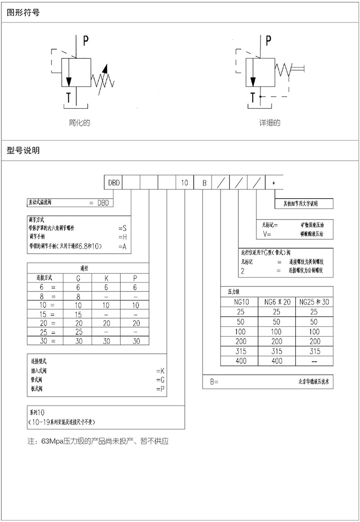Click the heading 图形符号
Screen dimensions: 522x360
coord(23,12)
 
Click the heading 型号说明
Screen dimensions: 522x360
coord(23,150)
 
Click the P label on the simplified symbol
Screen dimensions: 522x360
coord(86,41)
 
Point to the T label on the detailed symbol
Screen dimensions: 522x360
coord(253,97)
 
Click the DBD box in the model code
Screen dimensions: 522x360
coord(113,183)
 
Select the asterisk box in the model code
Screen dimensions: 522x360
coord(273,183)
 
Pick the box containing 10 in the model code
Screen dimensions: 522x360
coord(185,183)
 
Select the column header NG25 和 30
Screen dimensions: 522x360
coord(315,302)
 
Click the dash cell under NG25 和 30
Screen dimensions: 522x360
coord(315,361)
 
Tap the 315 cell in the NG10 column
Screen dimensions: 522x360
coord(241,351)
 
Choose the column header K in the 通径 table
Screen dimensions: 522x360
coord(106,278)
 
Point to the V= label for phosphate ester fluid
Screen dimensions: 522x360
coord(267,234)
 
